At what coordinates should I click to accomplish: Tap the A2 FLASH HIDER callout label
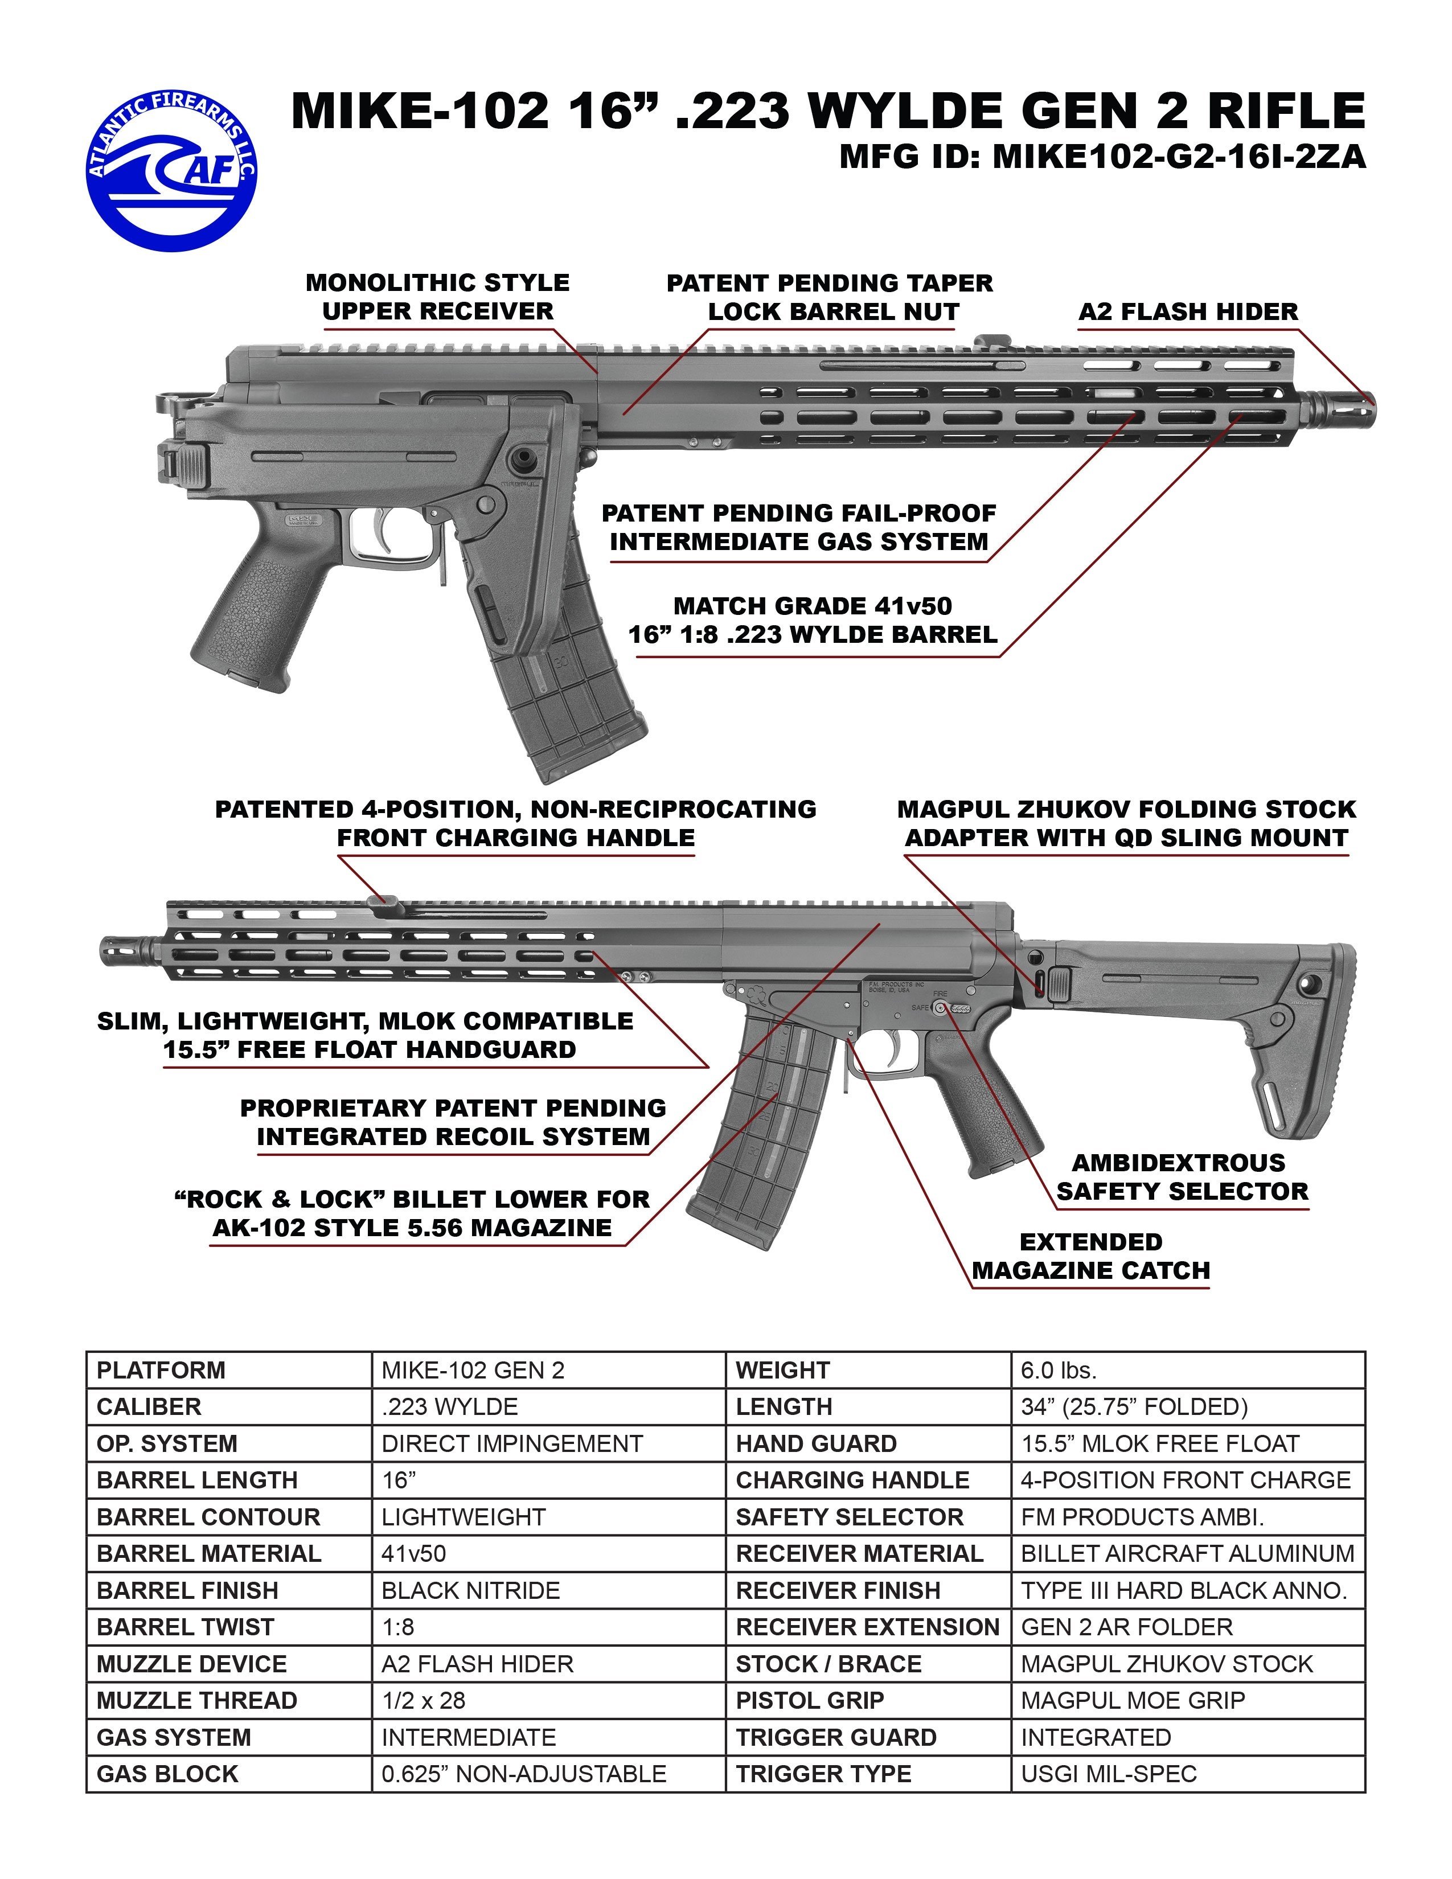[1188, 311]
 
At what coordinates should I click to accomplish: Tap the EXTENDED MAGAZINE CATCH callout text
[1091, 1256]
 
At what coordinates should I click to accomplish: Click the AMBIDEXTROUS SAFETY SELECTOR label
[1182, 1177]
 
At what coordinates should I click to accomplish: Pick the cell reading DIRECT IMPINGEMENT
[512, 1443]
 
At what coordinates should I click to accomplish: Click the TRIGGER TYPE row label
[823, 1774]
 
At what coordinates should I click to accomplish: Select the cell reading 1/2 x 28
[423, 1700]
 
